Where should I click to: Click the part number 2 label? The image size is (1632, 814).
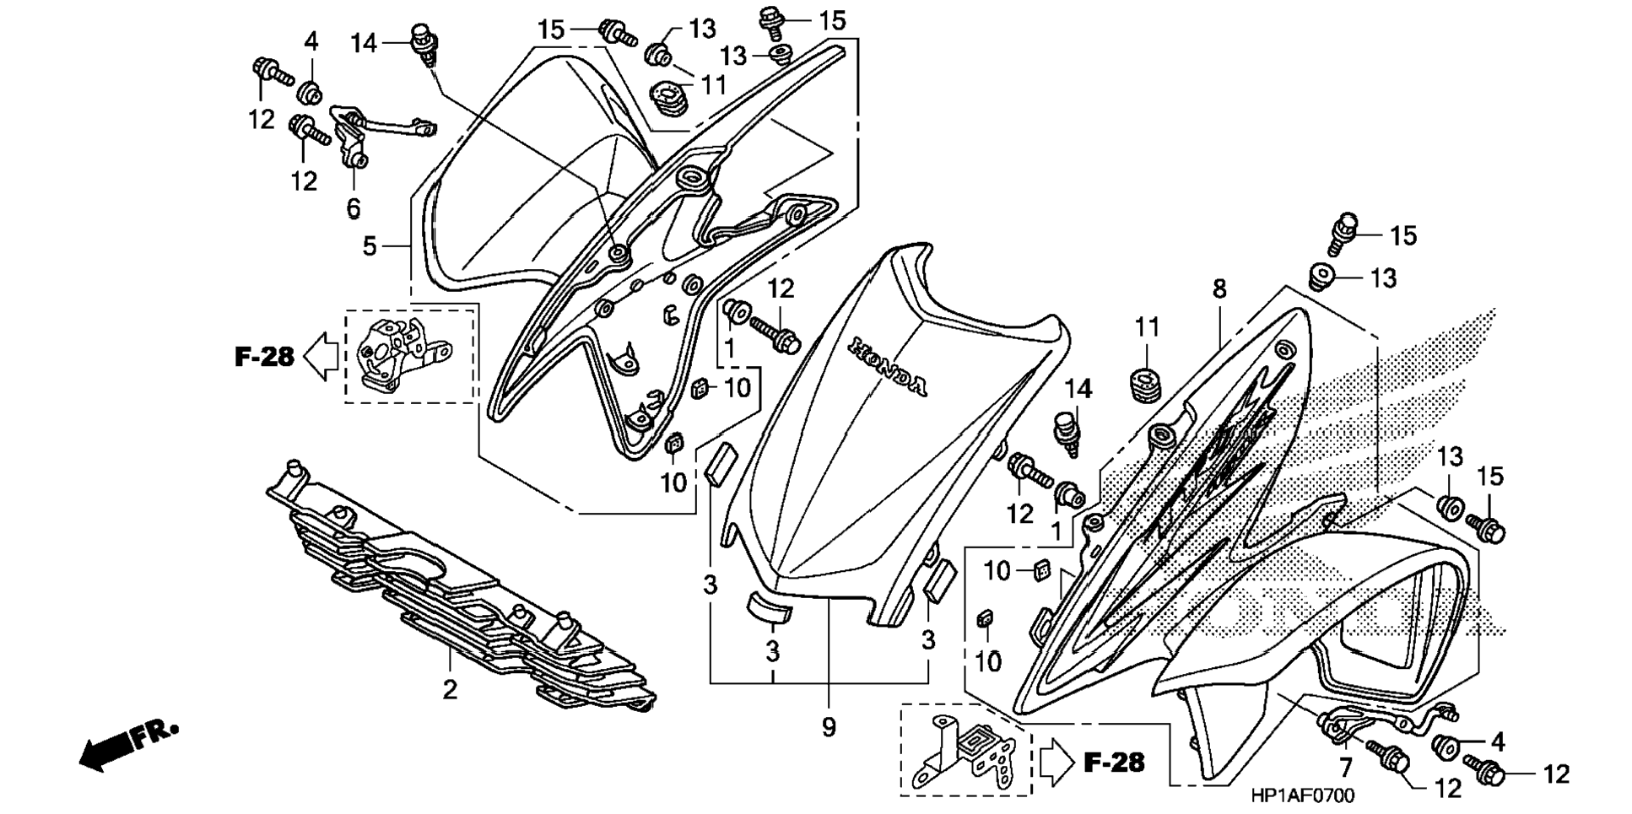450,689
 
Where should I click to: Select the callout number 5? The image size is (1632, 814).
370,246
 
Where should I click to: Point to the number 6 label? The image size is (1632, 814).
353,208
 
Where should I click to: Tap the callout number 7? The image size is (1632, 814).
1345,767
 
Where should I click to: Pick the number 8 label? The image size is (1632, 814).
1219,289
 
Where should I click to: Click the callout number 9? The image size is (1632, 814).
829,727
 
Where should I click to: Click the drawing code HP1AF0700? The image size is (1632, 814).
1302,795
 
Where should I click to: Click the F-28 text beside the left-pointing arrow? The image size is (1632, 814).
264,357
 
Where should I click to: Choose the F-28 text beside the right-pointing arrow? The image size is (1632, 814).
1114,763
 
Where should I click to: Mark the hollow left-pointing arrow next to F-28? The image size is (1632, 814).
321,357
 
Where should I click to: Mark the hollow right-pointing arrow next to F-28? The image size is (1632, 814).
1056,763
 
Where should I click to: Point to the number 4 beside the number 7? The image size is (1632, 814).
1497,741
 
